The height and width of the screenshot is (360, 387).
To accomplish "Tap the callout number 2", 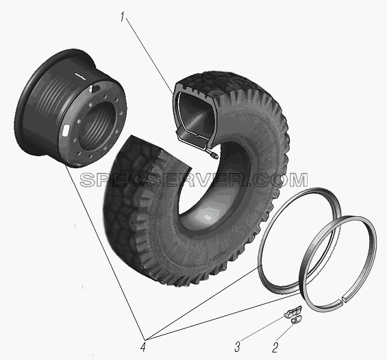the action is pos(275,348).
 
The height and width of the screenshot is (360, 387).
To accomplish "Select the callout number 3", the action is pos(237,347).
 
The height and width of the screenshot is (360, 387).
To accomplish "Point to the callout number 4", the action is pos(142,347).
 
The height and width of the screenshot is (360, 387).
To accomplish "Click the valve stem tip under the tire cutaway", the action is pos(214,156).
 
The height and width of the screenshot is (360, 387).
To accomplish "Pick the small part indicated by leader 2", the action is pos(296,320).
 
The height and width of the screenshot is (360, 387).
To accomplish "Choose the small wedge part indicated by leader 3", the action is pos(292,311).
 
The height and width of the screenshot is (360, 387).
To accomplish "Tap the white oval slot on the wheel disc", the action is pos(66,130).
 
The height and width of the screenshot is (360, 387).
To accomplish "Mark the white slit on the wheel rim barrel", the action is pos(80,76).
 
